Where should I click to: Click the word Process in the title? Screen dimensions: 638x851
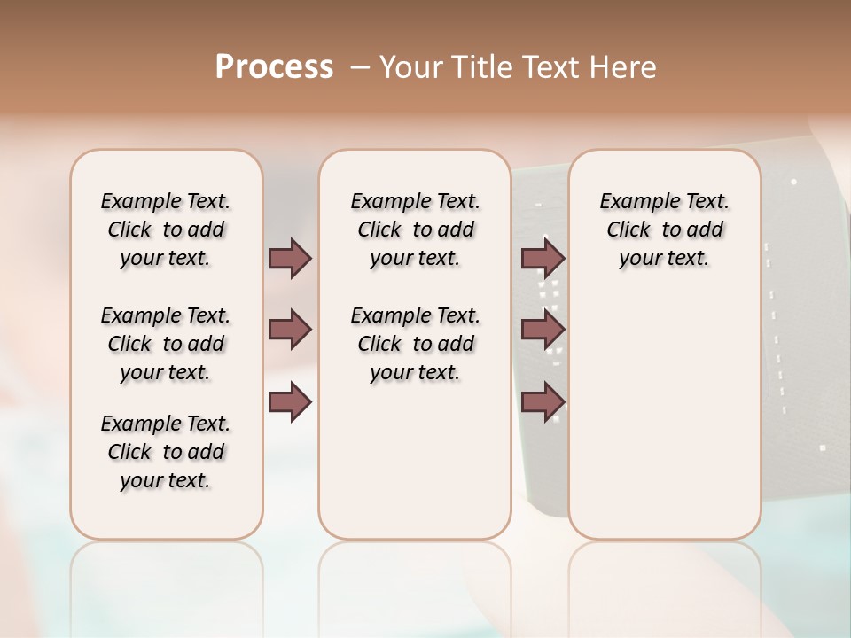coord(274,67)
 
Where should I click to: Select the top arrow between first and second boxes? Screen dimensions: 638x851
coord(290,258)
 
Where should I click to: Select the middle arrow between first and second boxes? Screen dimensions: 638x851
coord(290,331)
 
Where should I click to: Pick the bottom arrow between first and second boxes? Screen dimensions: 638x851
coord(290,401)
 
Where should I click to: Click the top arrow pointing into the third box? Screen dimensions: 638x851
coord(543,258)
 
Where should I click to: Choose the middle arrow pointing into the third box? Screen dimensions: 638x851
coord(543,331)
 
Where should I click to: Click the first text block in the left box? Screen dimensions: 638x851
coord(166,230)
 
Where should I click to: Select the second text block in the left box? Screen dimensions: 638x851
coord(166,344)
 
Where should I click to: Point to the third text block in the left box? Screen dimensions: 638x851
coord(166,452)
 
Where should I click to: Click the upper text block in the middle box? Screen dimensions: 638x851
coord(415,230)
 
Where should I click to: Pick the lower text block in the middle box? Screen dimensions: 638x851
coord(415,344)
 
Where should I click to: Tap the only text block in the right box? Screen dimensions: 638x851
coord(664,230)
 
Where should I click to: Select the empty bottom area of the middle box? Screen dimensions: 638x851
coord(415,470)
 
